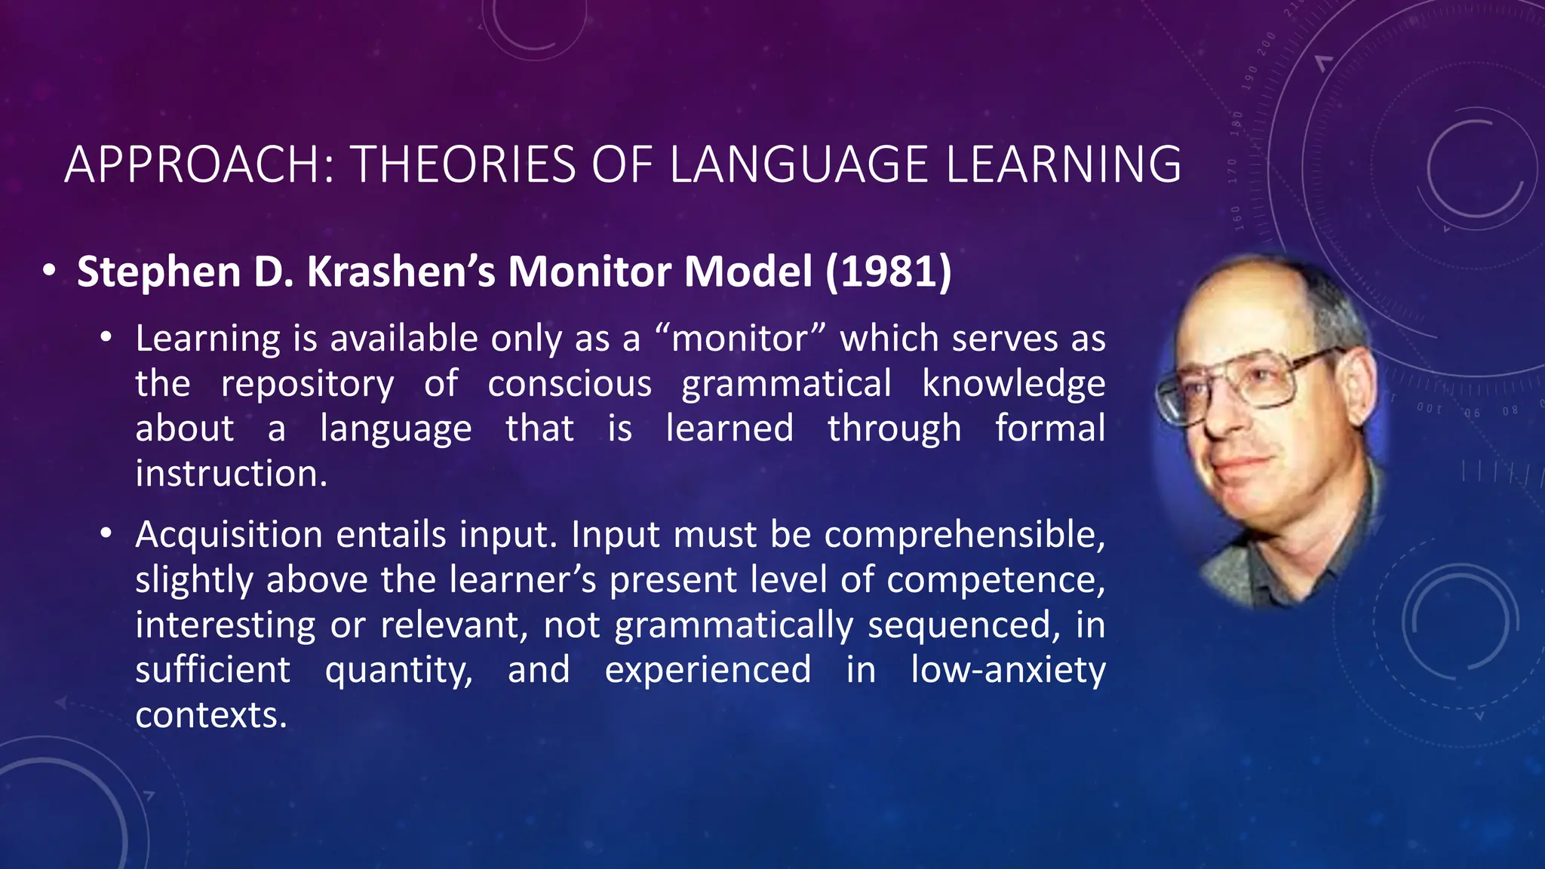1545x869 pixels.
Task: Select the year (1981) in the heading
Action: coord(888,272)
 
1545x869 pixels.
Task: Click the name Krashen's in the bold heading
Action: coord(401,272)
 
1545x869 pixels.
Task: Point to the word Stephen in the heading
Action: coord(158,272)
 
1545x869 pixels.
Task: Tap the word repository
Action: coord(307,383)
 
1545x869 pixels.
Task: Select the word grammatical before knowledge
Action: coord(786,383)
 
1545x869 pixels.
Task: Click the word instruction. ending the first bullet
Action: coord(231,474)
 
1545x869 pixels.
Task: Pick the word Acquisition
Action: coord(229,534)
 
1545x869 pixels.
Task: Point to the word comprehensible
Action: coord(964,534)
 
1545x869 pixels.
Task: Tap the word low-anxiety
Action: coord(1007,670)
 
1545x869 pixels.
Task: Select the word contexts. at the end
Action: coord(211,715)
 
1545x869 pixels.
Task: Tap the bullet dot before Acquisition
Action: coord(106,533)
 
